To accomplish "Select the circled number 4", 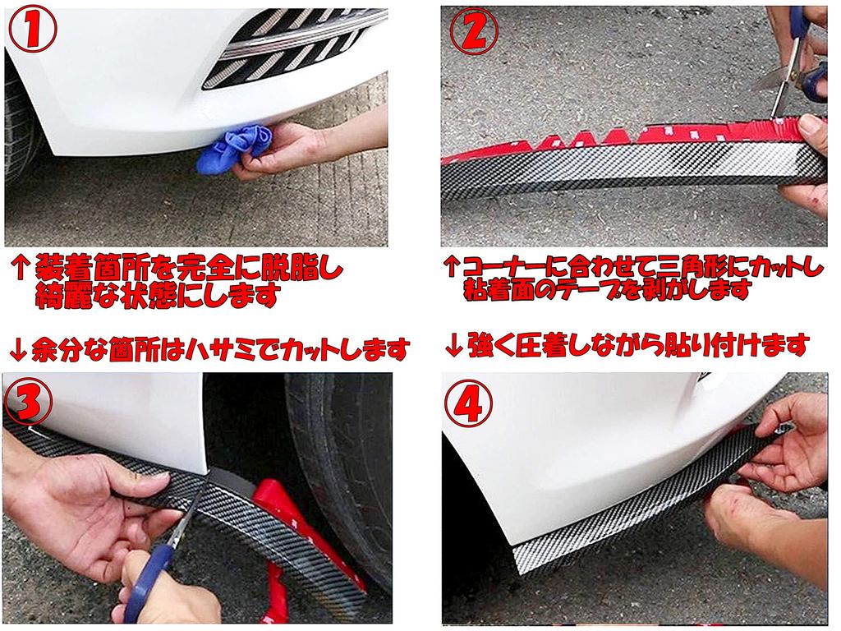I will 474,403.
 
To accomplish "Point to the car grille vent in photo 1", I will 300,48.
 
